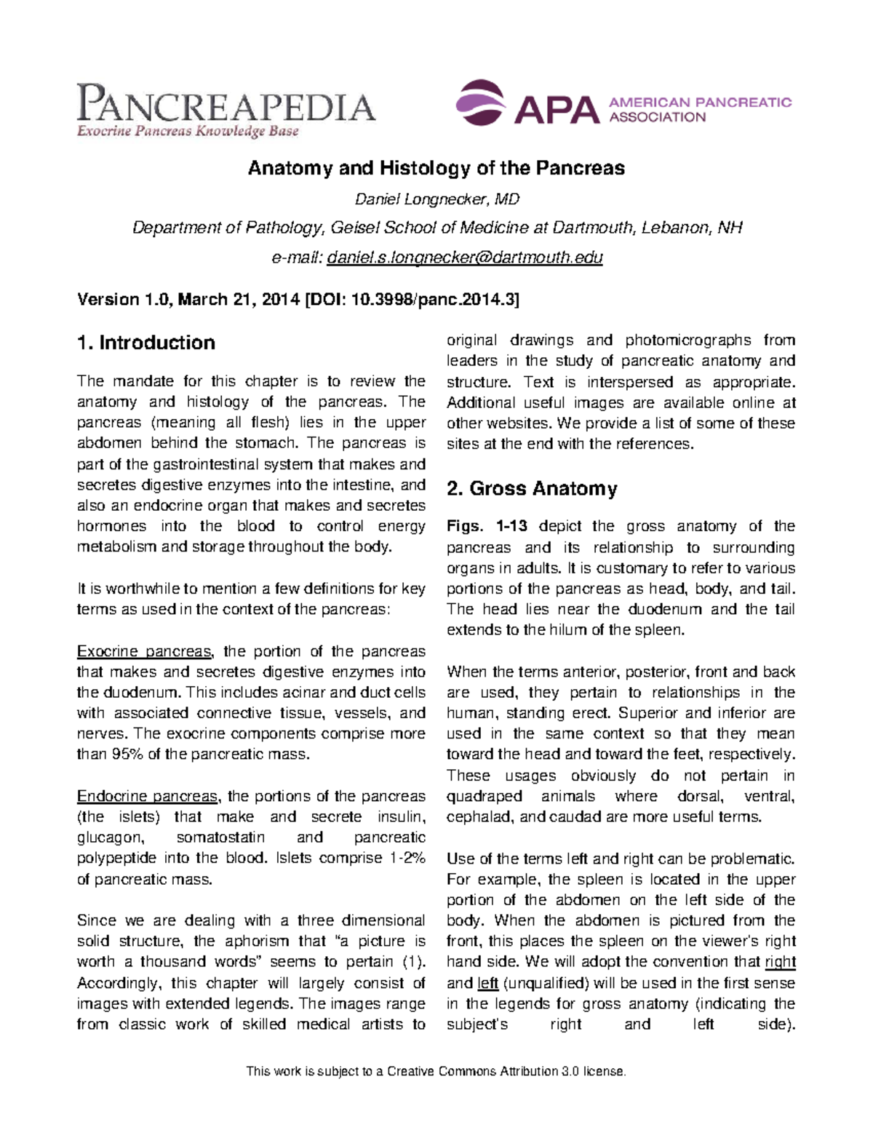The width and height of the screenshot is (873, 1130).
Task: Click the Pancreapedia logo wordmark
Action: click(x=226, y=104)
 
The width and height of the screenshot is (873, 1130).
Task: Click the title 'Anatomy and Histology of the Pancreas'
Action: click(x=436, y=168)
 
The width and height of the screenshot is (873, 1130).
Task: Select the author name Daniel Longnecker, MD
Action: click(x=436, y=199)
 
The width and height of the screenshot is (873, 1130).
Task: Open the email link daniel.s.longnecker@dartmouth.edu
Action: click(x=465, y=258)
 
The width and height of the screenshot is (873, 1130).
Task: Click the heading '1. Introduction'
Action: click(x=145, y=343)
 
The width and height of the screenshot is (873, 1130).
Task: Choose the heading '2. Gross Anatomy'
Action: click(x=532, y=488)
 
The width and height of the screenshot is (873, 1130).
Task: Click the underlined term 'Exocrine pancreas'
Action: click(x=145, y=651)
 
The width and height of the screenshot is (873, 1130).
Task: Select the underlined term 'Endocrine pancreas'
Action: click(x=148, y=796)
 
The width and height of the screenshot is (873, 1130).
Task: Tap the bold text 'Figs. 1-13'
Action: click(x=487, y=526)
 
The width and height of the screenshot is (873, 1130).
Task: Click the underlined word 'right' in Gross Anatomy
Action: click(x=780, y=962)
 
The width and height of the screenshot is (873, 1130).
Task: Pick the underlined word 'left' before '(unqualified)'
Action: click(x=487, y=983)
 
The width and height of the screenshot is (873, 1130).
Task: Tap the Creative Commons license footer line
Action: click(x=436, y=1071)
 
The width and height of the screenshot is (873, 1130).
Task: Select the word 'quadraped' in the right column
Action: click(x=484, y=796)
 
